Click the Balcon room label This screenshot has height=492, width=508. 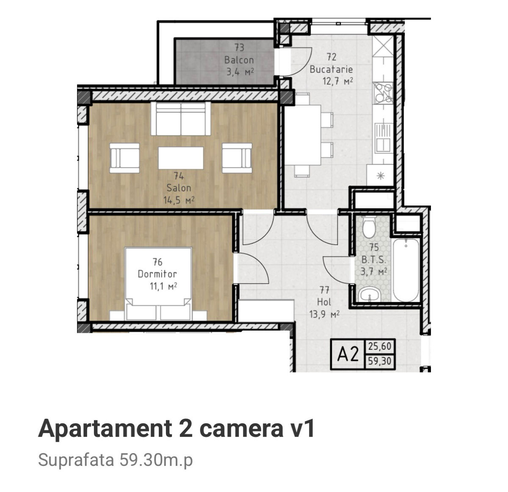pos(239,60)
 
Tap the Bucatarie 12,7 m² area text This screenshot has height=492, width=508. pos(338,81)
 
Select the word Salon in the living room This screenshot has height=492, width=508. pos(179,188)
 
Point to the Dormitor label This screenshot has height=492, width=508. pos(157,274)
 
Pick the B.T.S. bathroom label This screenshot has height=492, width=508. pos(373,260)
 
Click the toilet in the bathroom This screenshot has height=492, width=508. pos(369,227)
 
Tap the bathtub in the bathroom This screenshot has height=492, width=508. pos(406,270)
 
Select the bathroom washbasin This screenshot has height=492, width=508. pos(370,295)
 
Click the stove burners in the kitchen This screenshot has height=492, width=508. pos(383,92)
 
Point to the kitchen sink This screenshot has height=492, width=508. pos(383,138)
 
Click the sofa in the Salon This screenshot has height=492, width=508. pos(181,119)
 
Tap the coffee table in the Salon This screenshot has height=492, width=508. pos(181,158)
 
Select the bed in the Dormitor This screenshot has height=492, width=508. pos(158,284)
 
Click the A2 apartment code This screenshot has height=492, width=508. pos(348,355)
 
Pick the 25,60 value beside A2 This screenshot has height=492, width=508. pos(380,346)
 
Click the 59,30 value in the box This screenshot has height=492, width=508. pos(380,361)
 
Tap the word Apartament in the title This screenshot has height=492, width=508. pos(105,429)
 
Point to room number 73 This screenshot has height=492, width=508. pos(239,47)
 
